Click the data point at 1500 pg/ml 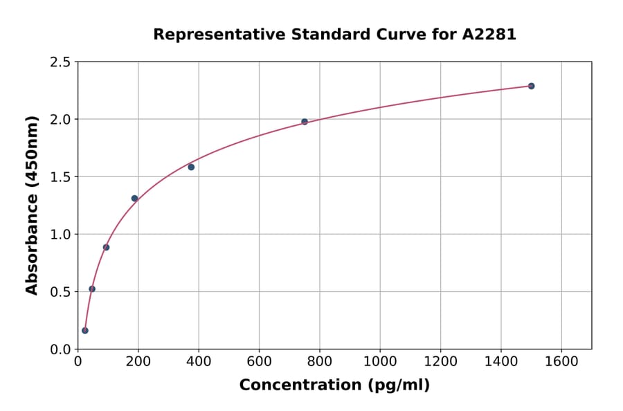pyautogui.click(x=531, y=86)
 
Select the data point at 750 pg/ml pyautogui.click(x=305, y=122)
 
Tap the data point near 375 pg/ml pyautogui.click(x=191, y=167)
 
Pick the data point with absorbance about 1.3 pyautogui.click(x=134, y=199)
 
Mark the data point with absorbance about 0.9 pyautogui.click(x=106, y=247)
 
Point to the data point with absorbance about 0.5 pyautogui.click(x=92, y=289)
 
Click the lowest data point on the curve pyautogui.click(x=85, y=330)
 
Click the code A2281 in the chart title pyautogui.click(x=489, y=35)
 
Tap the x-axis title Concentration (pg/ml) pyautogui.click(x=334, y=385)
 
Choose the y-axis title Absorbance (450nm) pyautogui.click(x=32, y=205)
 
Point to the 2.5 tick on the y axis pyautogui.click(x=60, y=62)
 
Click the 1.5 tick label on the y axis pyautogui.click(x=60, y=177)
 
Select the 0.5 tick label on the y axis pyautogui.click(x=60, y=292)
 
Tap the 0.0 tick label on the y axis pyautogui.click(x=60, y=349)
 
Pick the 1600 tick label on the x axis pyautogui.click(x=561, y=361)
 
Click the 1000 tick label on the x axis pyautogui.click(x=380, y=361)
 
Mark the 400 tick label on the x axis pyautogui.click(x=199, y=361)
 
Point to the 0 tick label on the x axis pyautogui.click(x=78, y=361)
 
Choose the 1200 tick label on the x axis pyautogui.click(x=440, y=361)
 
